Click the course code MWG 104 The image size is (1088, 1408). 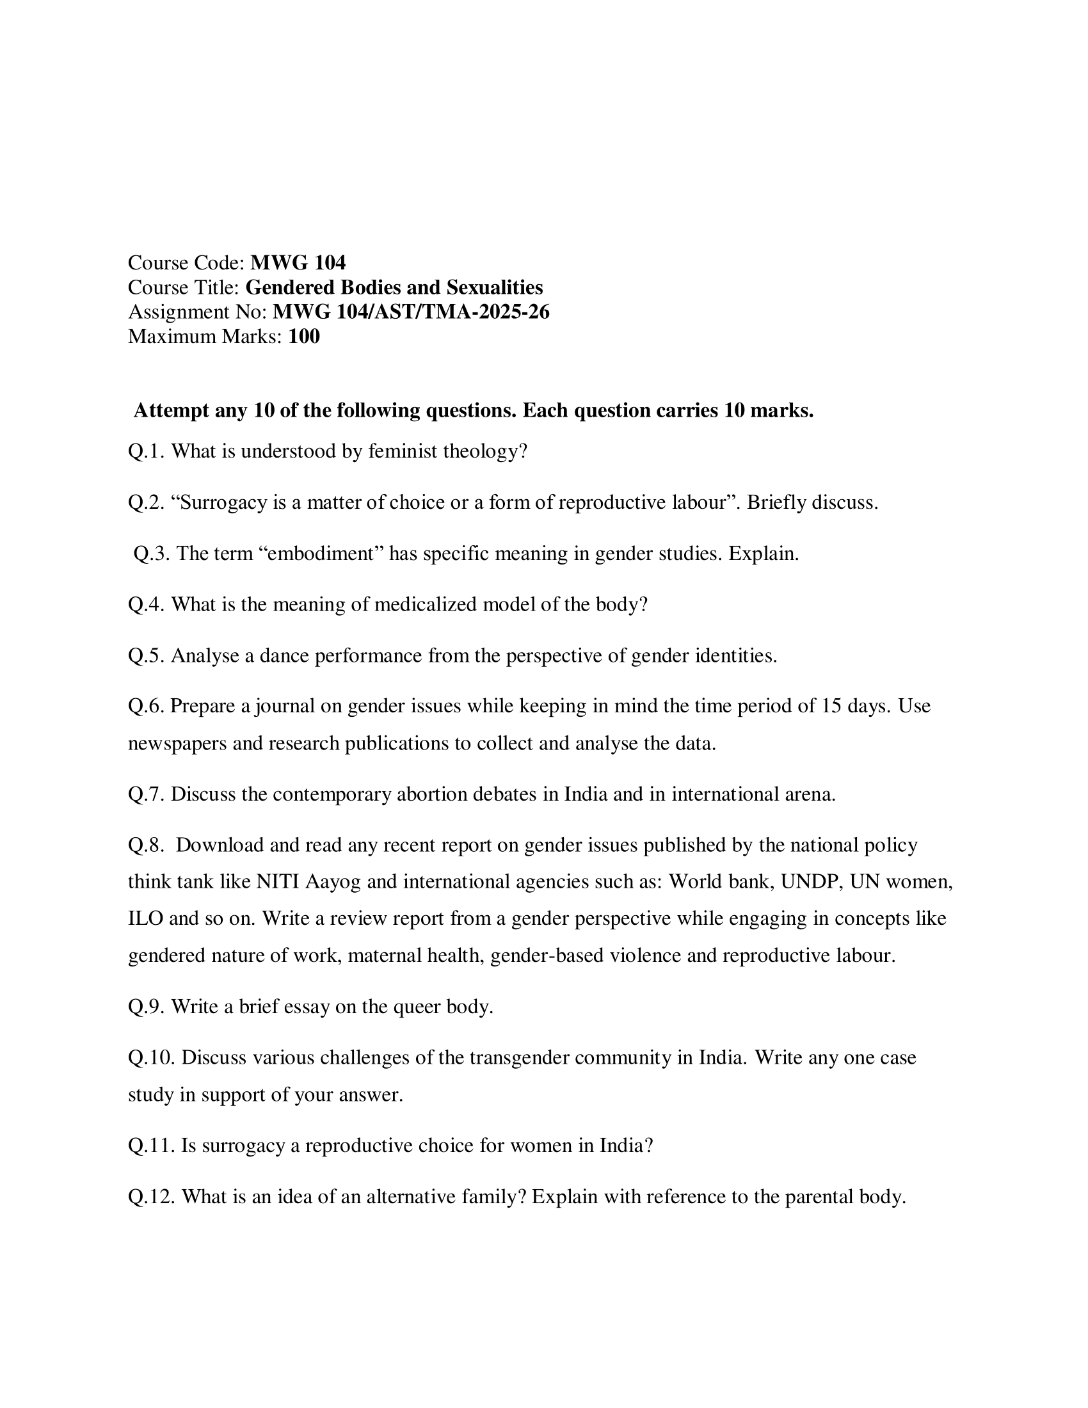298,262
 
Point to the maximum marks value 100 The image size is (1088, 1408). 303,336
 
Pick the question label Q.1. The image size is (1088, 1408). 147,451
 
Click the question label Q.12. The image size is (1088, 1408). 152,1197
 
